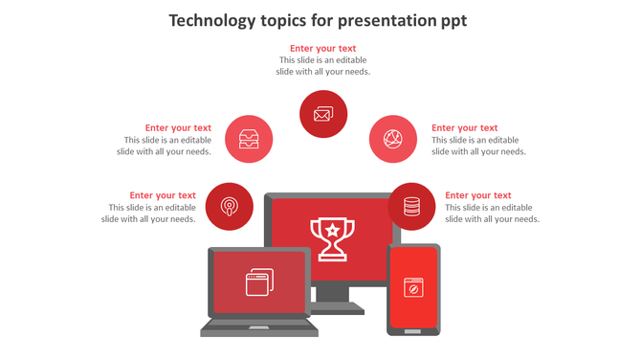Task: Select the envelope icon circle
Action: point(323,115)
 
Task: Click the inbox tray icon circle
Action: point(249,139)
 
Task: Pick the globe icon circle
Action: point(393,139)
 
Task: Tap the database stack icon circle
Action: point(412,206)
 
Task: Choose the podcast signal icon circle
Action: point(230,206)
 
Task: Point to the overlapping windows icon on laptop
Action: point(259,281)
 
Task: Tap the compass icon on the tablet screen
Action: point(413,286)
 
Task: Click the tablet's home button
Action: point(413,330)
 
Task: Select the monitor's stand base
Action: point(332,308)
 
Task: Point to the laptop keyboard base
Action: point(258,327)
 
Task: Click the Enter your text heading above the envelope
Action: point(323,48)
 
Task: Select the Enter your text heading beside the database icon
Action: point(478,195)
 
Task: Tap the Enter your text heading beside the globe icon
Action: point(465,127)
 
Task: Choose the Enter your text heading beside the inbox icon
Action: point(179,127)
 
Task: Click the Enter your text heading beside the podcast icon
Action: point(164,195)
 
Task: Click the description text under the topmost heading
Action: point(323,65)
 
